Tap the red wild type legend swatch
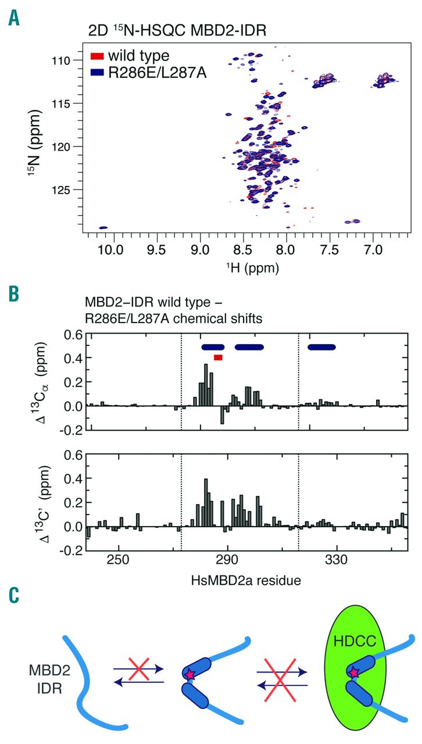pos(98,56)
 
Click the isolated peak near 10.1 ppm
pos(103,228)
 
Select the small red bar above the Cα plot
pos(218,357)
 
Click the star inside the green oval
pos(354,673)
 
